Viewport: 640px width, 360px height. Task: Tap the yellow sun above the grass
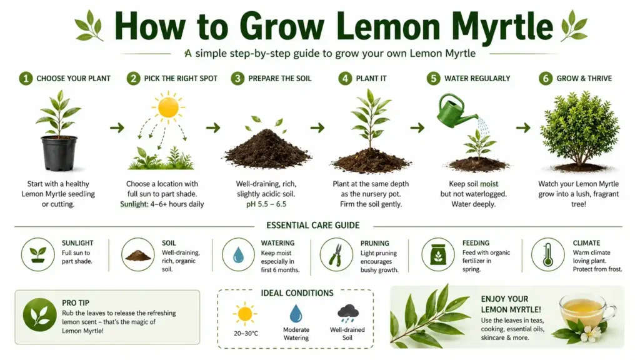point(169,107)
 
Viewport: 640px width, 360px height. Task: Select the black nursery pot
point(59,152)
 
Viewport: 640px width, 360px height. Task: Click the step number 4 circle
point(345,78)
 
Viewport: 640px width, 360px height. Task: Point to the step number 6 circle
point(546,78)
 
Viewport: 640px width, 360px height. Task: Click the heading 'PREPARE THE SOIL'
point(279,78)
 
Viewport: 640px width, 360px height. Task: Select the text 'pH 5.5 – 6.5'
point(269,205)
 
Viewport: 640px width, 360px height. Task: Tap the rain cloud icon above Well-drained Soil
point(347,312)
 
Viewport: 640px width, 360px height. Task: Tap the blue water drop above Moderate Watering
point(296,312)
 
